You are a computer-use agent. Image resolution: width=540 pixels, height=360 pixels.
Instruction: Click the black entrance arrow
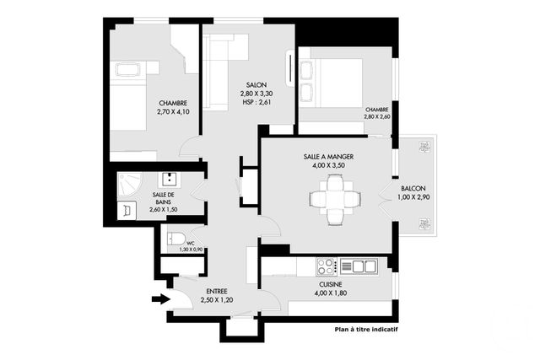(x=159, y=298)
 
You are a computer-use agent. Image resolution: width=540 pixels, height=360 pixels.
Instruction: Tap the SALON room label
(x=256, y=85)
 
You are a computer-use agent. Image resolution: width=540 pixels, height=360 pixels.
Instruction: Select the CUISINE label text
(x=335, y=285)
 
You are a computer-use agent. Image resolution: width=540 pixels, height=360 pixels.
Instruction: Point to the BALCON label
(x=413, y=189)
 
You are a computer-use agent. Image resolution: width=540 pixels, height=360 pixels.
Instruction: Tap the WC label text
(x=190, y=241)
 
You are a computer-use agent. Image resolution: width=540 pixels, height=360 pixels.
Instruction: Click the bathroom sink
(x=169, y=179)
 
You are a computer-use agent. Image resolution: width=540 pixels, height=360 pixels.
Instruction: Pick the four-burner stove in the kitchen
(x=327, y=266)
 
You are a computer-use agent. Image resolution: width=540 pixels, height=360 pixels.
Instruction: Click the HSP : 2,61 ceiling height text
(x=256, y=104)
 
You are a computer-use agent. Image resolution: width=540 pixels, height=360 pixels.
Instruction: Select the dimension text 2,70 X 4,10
(x=174, y=111)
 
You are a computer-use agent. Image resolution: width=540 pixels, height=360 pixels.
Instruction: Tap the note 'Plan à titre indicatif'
(x=365, y=330)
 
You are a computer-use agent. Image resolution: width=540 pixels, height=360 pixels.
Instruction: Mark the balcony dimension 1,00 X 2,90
(x=413, y=198)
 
